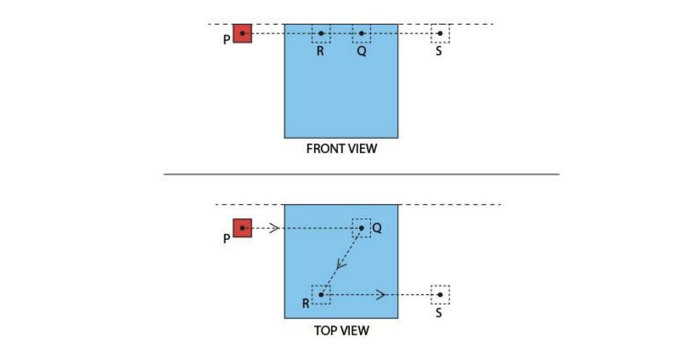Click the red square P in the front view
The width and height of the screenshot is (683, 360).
click(x=243, y=33)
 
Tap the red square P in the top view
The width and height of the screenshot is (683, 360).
click(x=243, y=228)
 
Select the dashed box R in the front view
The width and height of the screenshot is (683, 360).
click(x=321, y=33)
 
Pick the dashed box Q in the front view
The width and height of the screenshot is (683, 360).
click(x=361, y=33)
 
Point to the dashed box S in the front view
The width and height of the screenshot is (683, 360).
click(x=440, y=33)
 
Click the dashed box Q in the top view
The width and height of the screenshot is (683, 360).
click(x=361, y=227)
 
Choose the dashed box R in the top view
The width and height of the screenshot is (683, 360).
click(x=321, y=294)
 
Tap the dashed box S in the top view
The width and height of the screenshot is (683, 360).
click(x=440, y=294)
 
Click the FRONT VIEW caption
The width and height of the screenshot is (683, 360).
click(x=341, y=149)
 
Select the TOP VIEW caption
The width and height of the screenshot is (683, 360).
click(x=341, y=330)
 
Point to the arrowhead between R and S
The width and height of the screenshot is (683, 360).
click(x=380, y=294)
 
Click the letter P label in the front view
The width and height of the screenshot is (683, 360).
click(x=226, y=40)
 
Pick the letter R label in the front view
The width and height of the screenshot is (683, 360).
click(x=320, y=52)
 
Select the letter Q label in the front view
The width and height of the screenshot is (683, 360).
click(x=361, y=52)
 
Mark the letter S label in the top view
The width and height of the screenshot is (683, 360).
click(x=439, y=313)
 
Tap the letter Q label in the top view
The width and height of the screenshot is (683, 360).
click(x=377, y=229)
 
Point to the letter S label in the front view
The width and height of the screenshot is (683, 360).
click(x=439, y=52)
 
